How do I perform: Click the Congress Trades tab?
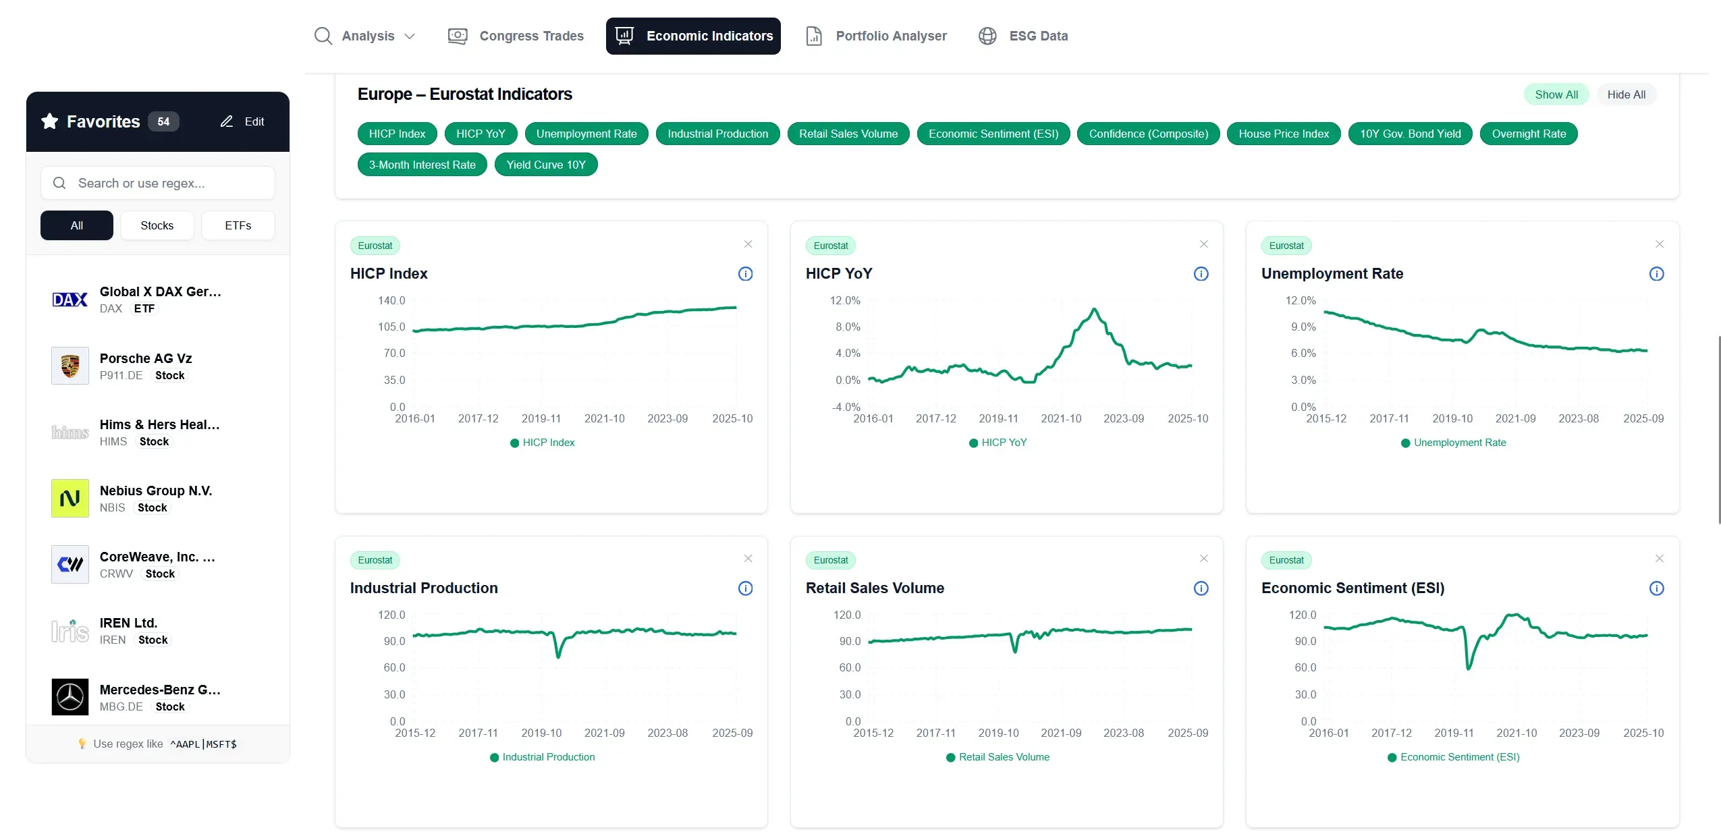[516, 36]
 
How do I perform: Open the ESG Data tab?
[1023, 36]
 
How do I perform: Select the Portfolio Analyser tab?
[876, 36]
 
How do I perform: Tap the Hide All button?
[1625, 94]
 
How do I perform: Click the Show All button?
[1556, 94]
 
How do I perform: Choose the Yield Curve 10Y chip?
[545, 165]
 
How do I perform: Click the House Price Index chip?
[1283, 134]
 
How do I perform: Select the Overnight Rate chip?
[1528, 134]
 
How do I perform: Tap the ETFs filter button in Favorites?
[238, 225]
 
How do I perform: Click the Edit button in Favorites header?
[242, 121]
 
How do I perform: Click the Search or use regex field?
[158, 183]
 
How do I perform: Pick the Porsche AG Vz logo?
[70, 366]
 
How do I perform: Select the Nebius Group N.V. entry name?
[156, 491]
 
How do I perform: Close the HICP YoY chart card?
[1203, 244]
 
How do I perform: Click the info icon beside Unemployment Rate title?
[1656, 274]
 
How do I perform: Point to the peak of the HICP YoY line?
[1094, 309]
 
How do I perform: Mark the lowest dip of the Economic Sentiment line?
[1469, 668]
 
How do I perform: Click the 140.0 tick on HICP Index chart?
[391, 300]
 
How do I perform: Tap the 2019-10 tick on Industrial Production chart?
[541, 733]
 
